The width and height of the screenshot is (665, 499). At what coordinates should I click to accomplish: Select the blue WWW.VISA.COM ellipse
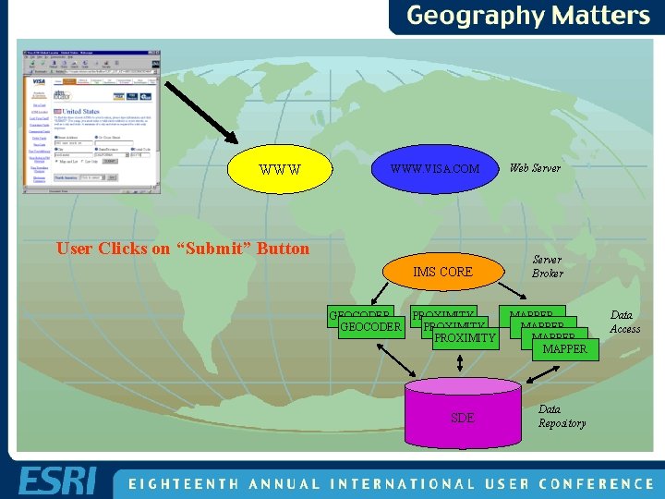(434, 169)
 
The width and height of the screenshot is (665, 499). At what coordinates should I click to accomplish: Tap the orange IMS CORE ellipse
(442, 272)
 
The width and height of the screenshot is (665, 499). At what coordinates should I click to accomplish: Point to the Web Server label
(535, 168)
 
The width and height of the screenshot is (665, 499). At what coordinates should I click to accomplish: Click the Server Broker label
(547, 266)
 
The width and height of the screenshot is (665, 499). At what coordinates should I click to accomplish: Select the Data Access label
(624, 322)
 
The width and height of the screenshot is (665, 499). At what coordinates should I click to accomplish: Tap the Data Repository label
(562, 416)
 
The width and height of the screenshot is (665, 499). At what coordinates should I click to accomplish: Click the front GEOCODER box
(371, 327)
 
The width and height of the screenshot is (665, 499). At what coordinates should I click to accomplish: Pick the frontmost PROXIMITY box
(465, 339)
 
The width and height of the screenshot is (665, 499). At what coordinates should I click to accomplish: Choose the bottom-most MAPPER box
(564, 349)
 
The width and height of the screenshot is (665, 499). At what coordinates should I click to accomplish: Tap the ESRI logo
(57, 481)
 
